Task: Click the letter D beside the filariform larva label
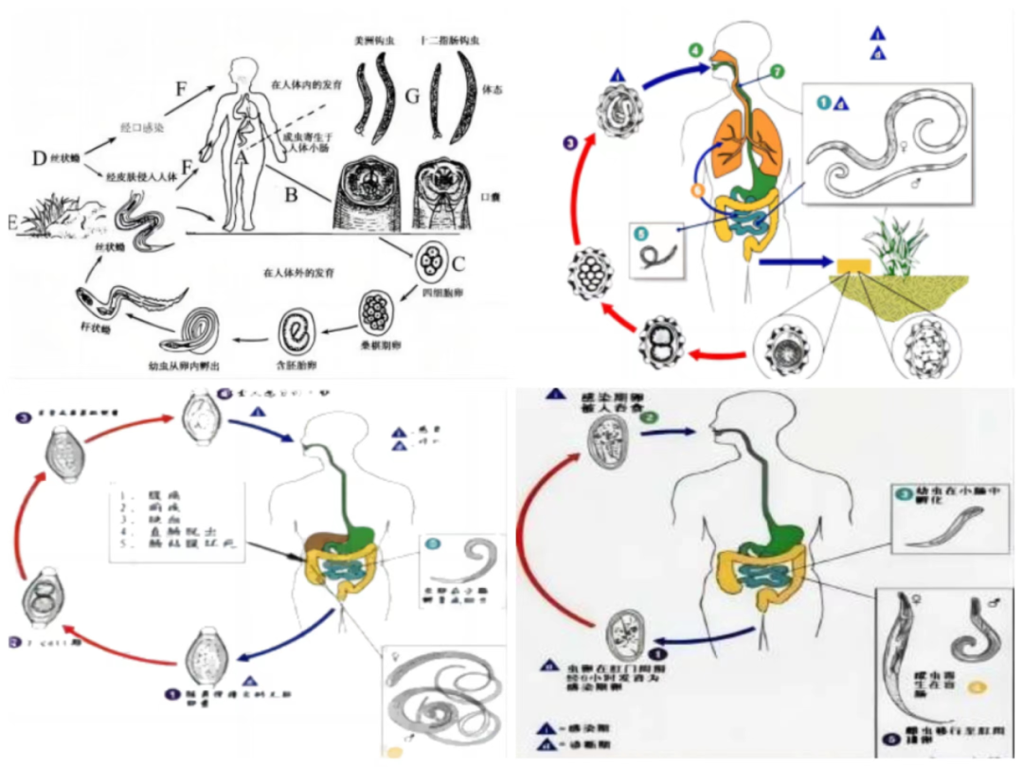click(x=39, y=158)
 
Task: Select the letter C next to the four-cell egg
click(x=458, y=263)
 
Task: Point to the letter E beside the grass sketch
click(x=10, y=223)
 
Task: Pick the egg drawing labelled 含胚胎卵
click(x=296, y=332)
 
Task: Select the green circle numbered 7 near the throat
click(x=777, y=71)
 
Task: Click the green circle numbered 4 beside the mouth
click(x=696, y=49)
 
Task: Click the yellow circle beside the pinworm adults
click(x=978, y=685)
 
